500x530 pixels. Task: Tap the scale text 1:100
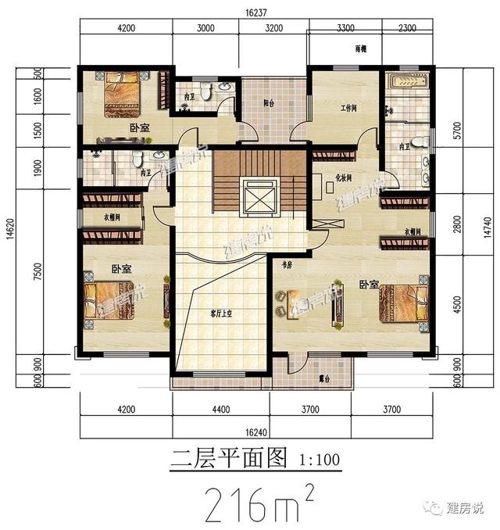320,459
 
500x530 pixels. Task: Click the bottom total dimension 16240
255,431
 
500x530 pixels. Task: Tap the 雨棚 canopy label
360,49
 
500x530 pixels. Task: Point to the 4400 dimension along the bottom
220,409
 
